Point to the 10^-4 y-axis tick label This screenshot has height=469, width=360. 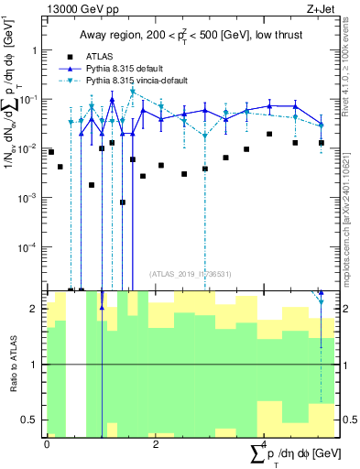(x=30, y=246)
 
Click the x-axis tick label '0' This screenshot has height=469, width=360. (x=47, y=442)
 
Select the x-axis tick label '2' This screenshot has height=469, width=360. (x=156, y=442)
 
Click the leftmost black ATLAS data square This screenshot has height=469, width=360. (x=51, y=151)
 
